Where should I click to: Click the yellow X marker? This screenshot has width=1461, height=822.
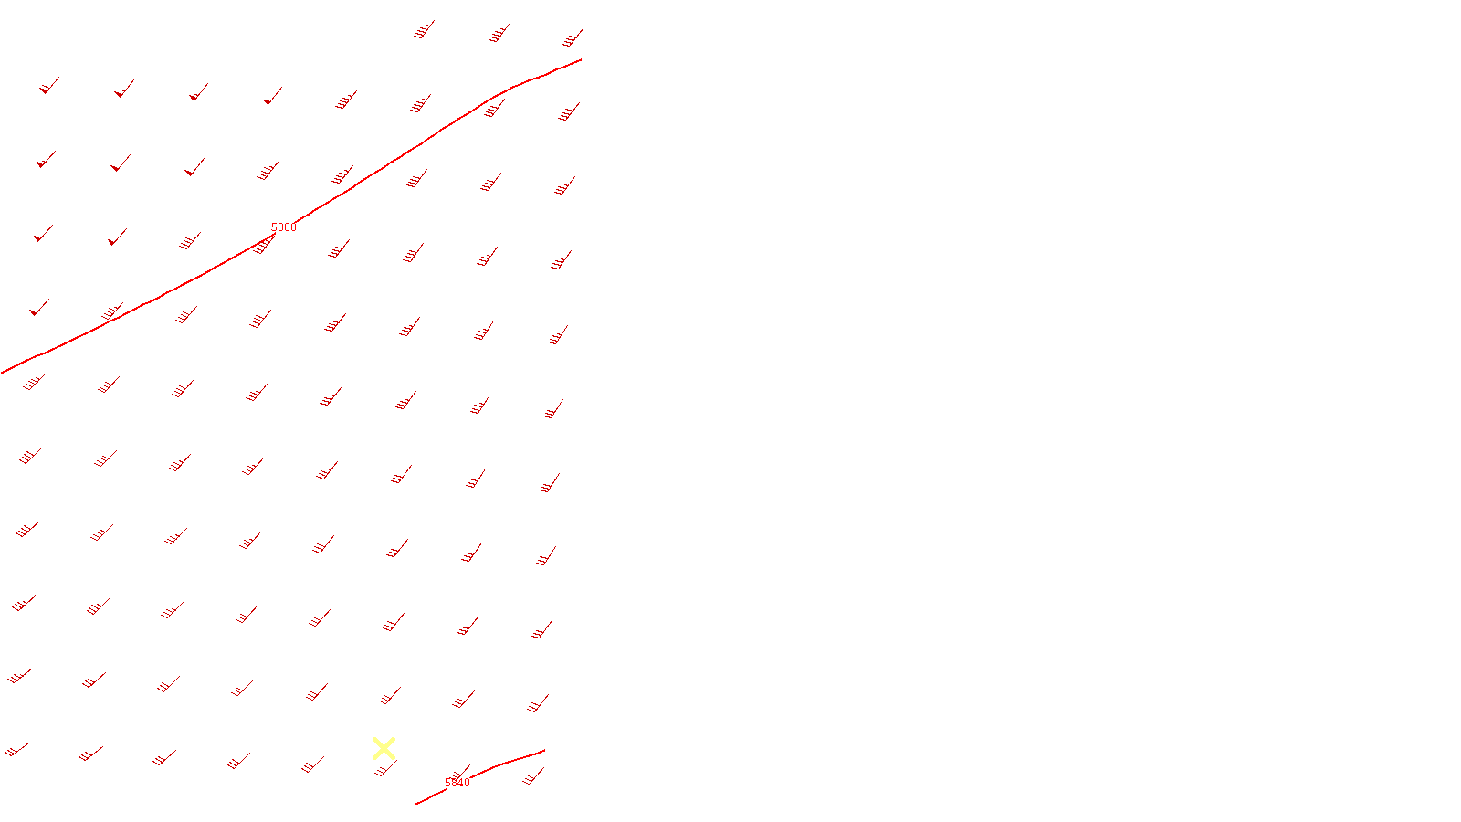click(x=384, y=749)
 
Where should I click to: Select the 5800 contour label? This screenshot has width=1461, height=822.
click(x=283, y=227)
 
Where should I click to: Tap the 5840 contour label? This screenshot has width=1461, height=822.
click(x=457, y=784)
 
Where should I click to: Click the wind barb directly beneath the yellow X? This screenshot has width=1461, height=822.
click(x=385, y=770)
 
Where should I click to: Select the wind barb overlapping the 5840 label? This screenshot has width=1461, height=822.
click(x=460, y=774)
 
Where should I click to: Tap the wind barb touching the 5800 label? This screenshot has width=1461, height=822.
click(x=264, y=244)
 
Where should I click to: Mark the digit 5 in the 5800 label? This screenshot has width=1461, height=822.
click(x=274, y=227)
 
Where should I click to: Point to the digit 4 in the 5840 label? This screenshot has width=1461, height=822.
click(x=460, y=784)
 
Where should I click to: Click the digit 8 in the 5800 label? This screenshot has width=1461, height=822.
click(x=280, y=227)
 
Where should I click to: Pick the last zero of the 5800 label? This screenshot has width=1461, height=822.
click(x=292, y=227)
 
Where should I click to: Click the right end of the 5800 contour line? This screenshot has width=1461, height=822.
click(x=582, y=59)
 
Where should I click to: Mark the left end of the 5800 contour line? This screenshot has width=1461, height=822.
click(x=3, y=373)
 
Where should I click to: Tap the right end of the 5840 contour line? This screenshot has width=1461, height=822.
click(x=545, y=751)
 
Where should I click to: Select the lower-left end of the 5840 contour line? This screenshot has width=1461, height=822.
click(x=416, y=804)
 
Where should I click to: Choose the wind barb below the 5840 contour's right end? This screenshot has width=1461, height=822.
click(x=534, y=777)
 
